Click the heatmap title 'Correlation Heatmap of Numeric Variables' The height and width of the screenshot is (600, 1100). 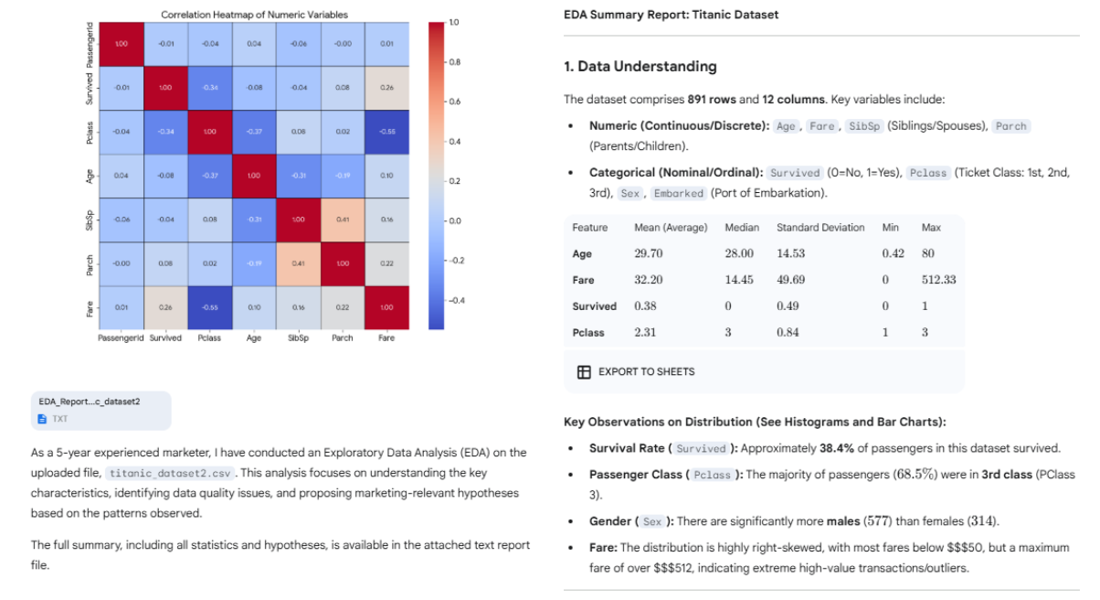click(x=254, y=15)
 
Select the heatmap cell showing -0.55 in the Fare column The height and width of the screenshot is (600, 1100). click(x=386, y=132)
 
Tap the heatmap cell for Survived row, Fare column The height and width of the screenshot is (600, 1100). click(x=386, y=88)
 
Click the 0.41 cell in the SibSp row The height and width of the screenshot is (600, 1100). click(x=342, y=220)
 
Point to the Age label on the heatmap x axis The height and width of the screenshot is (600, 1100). click(x=254, y=337)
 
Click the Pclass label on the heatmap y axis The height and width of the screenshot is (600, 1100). click(x=90, y=132)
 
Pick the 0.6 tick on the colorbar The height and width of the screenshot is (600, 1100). click(x=453, y=102)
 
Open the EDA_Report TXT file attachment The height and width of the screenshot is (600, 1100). click(x=100, y=410)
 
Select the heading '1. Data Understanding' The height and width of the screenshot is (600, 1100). click(x=640, y=67)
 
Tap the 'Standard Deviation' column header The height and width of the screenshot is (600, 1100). click(x=820, y=228)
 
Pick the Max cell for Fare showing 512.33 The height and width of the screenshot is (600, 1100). click(x=938, y=280)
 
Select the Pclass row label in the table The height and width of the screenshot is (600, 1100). click(x=588, y=333)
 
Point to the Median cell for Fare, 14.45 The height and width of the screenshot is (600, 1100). click(x=738, y=280)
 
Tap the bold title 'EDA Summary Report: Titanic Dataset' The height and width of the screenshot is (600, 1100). click(x=671, y=15)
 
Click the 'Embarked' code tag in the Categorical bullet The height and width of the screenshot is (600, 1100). click(x=679, y=193)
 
